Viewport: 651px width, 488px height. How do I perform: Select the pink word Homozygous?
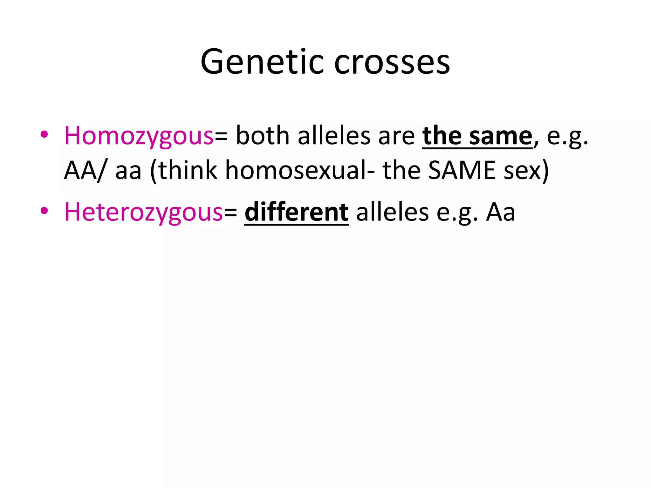coord(139,136)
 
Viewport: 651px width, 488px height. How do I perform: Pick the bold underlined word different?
coord(297,212)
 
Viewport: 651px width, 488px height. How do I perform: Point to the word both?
coord(263,136)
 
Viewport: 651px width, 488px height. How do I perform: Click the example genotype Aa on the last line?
coord(501,212)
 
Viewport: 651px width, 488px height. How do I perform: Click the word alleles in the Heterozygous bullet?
coord(392,212)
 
